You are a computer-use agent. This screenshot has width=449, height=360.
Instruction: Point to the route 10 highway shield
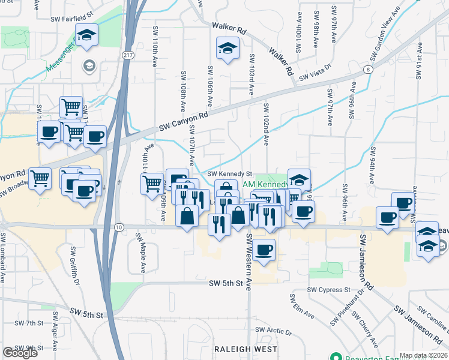(119, 227)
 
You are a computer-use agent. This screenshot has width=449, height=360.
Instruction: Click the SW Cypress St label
(328, 289)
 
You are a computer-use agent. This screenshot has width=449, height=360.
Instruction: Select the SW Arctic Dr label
(273, 331)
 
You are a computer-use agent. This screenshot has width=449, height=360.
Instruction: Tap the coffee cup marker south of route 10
(263, 250)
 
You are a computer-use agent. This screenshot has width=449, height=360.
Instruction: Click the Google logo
(20, 353)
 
